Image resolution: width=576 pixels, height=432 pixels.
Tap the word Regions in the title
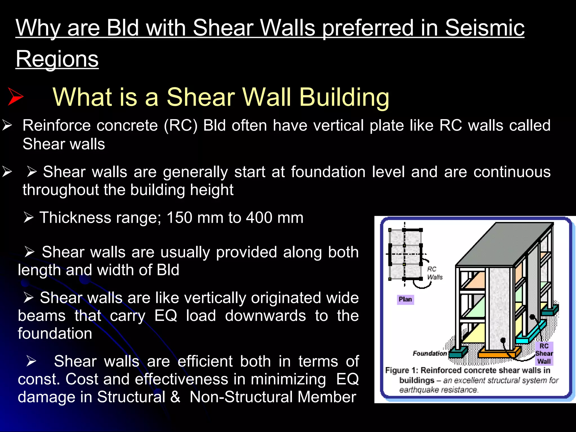[57, 59]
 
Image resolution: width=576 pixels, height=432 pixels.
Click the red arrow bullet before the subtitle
[15, 96]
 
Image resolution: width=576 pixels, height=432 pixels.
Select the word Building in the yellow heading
[344, 97]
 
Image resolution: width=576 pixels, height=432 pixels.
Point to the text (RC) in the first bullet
[181, 125]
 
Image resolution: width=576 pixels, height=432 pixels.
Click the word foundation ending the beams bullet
[55, 334]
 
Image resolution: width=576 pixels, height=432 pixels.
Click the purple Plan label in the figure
[405, 299]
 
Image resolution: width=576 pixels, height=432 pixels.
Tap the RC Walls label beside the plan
[435, 273]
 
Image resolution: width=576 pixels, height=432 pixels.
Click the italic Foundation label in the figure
[430, 353]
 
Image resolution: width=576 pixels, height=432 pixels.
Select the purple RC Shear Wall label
[544, 354]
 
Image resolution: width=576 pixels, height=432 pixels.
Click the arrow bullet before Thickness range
[29, 218]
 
